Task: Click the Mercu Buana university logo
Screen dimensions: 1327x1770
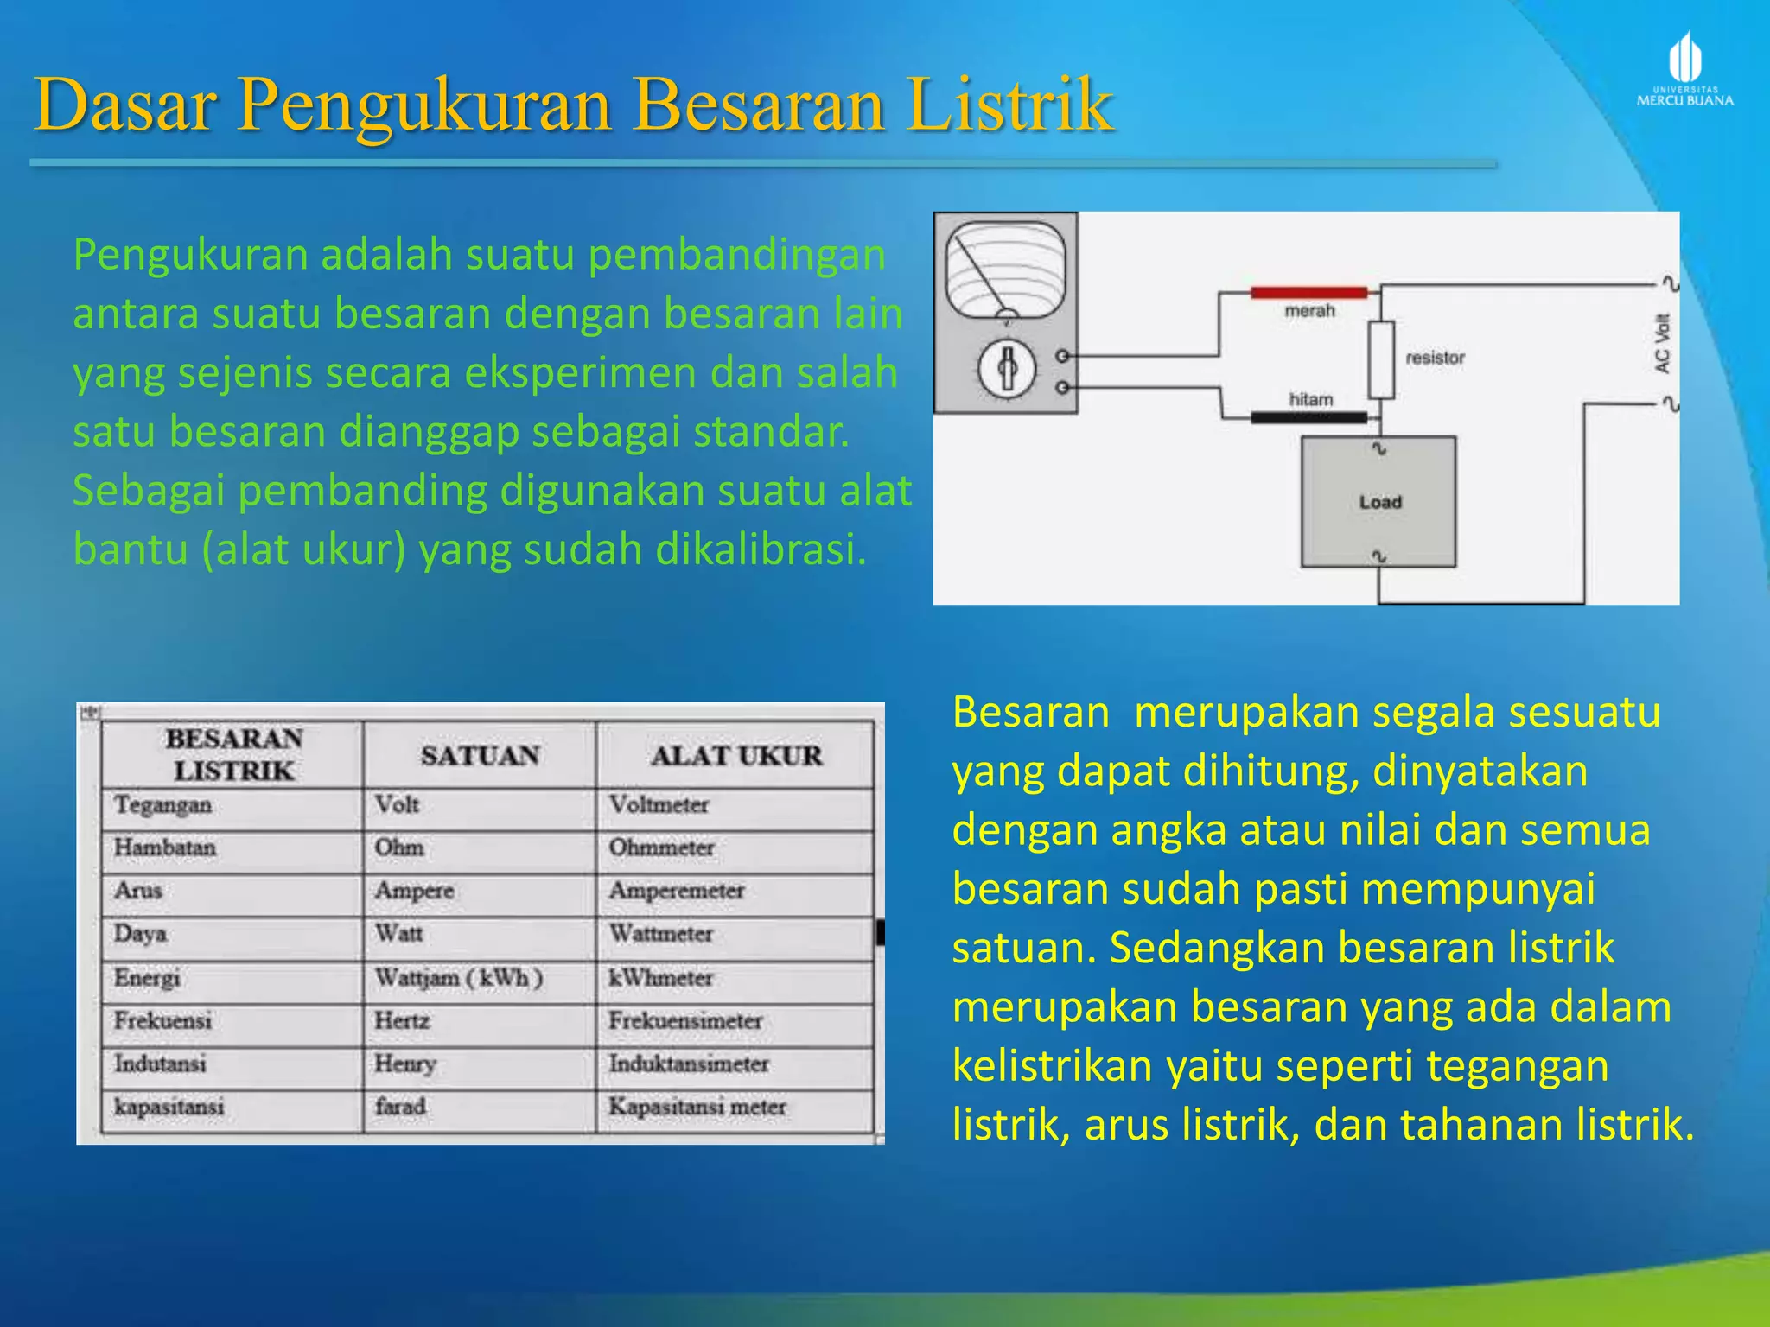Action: coord(1684,69)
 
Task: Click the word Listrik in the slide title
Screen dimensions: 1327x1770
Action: coord(1010,105)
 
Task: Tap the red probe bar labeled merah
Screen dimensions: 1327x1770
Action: coord(1308,293)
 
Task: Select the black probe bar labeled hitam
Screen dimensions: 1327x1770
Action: coord(1308,418)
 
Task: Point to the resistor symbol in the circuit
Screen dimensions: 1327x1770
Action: coord(1381,359)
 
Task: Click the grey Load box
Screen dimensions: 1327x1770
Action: coord(1378,502)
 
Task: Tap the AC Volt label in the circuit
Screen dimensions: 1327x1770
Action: coord(1662,344)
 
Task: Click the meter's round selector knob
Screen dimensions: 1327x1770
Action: coord(1006,368)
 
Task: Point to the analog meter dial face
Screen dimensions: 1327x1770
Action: coord(1006,270)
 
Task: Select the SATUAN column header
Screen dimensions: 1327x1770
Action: coord(480,756)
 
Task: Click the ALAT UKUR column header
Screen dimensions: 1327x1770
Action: coord(736,756)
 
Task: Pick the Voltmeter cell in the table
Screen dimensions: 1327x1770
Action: coord(659,805)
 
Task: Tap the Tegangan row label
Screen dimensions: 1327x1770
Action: coord(162,805)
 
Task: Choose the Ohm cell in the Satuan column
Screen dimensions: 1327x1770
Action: coord(398,848)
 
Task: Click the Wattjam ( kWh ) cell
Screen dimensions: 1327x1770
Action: coord(458,978)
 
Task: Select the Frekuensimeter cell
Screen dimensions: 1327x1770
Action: coord(685,1021)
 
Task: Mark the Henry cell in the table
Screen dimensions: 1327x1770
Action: coord(404,1064)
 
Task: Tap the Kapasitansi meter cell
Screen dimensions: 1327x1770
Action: coord(697,1107)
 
